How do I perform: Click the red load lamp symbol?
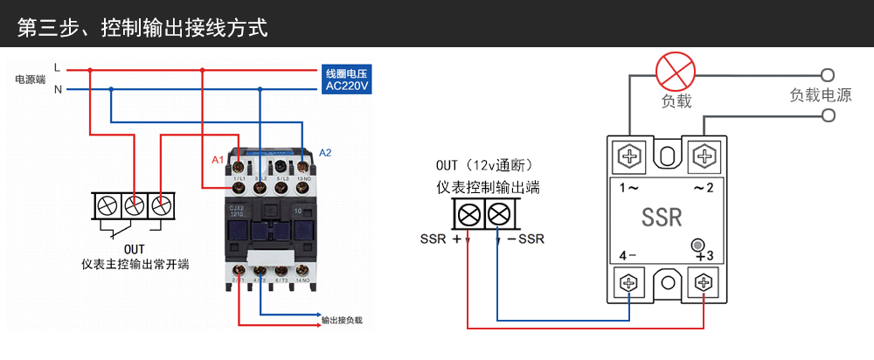(675, 69)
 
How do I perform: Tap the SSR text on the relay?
(662, 217)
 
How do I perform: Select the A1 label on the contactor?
(218, 160)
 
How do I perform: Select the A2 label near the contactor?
(325, 153)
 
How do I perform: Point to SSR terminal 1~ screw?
(629, 157)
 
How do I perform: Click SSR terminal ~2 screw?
(704, 157)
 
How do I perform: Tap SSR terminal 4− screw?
(629, 282)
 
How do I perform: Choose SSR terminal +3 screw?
(704, 282)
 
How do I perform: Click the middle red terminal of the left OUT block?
(133, 206)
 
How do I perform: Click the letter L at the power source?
(57, 67)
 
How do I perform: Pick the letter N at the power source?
(58, 89)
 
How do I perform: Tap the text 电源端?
(30, 80)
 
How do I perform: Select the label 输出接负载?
(341, 321)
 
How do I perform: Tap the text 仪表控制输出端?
(488, 187)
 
